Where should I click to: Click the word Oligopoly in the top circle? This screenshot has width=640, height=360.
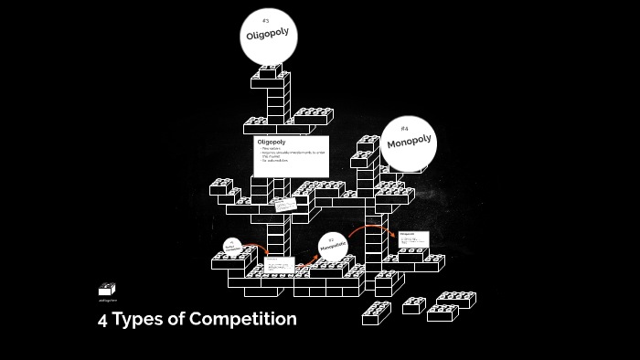pyautogui.click(x=267, y=36)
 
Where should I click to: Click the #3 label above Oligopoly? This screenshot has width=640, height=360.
pyautogui.click(x=265, y=20)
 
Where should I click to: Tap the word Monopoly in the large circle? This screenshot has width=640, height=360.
pyautogui.click(x=408, y=143)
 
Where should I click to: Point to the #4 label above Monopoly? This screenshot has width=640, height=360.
pyautogui.click(x=404, y=128)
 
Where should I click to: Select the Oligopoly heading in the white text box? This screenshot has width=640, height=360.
pyautogui.click(x=272, y=143)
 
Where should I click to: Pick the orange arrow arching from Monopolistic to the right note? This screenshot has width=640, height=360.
pyautogui.click(x=368, y=228)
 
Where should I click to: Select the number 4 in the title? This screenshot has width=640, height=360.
pyautogui.click(x=103, y=319)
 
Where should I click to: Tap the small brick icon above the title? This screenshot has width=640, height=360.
pyautogui.click(x=107, y=289)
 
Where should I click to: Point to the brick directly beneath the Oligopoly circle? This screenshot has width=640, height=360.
pyautogui.click(x=269, y=72)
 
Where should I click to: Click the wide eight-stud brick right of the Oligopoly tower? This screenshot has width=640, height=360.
pyautogui.click(x=313, y=115)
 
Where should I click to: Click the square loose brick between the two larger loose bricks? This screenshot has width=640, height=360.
pyautogui.click(x=413, y=304)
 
